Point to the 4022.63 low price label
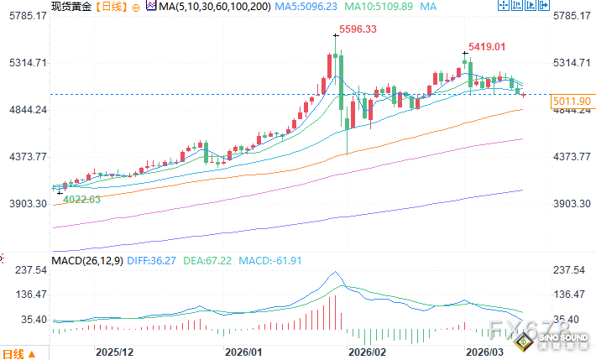click(82, 199)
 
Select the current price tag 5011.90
click(572, 101)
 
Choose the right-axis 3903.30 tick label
click(572, 204)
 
